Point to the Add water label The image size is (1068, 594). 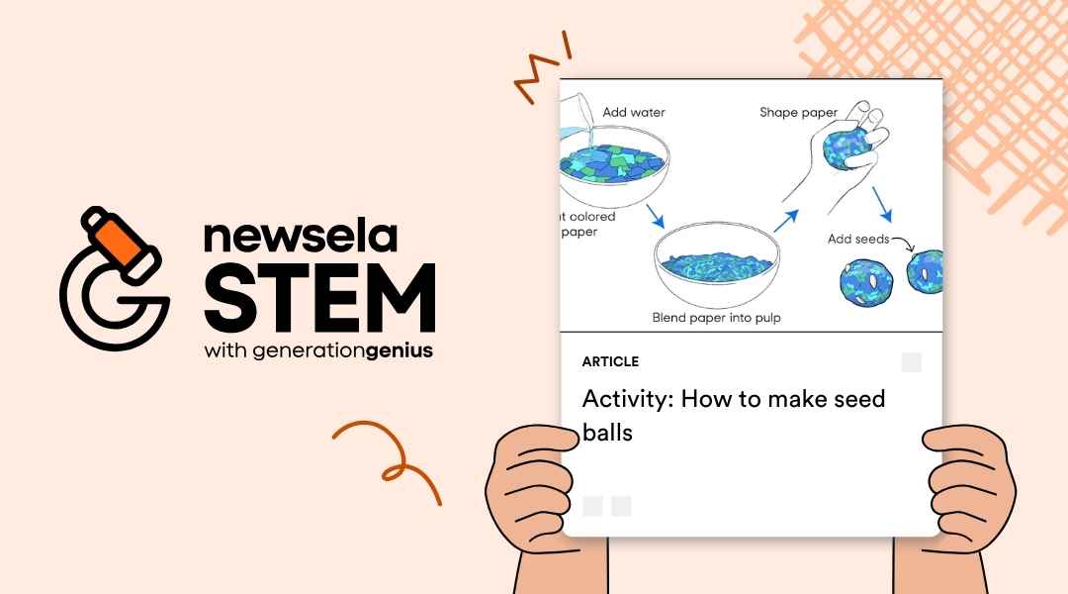pos(634,113)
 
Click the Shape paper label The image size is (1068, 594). pos(798,113)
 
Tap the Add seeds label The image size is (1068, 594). pos(857,240)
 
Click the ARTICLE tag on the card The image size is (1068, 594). pos(610,362)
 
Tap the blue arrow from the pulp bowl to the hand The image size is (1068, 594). pos(785,219)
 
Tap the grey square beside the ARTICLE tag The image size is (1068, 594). pos(911,362)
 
